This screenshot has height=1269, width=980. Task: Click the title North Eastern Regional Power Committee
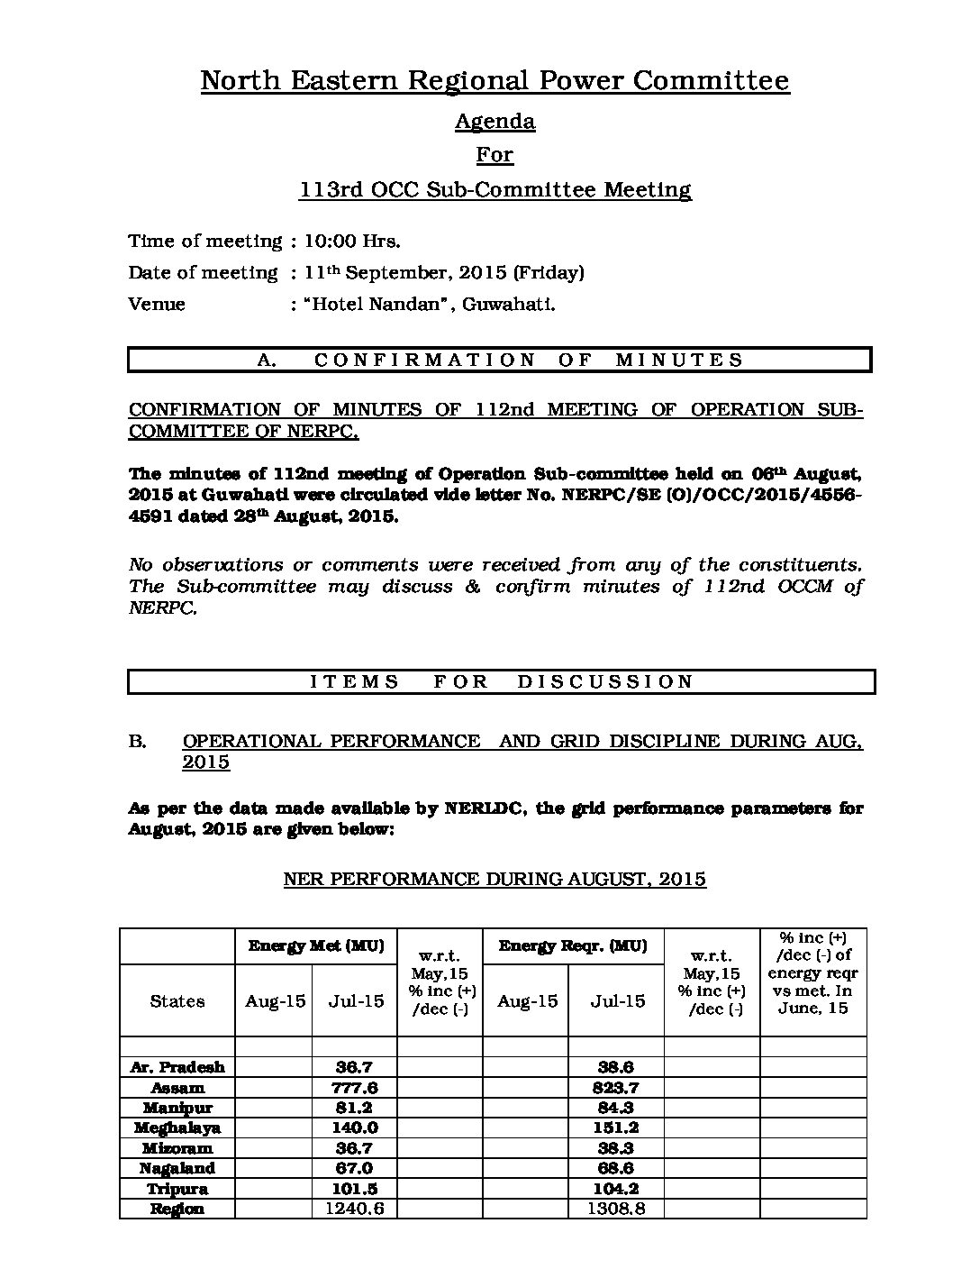tap(495, 81)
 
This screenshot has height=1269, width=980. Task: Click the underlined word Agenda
tap(495, 121)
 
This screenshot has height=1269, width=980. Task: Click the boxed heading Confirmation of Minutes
tap(500, 360)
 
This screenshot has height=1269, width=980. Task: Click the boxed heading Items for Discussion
tap(502, 681)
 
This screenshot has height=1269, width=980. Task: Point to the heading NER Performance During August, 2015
tap(495, 879)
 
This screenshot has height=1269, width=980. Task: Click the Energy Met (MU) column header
tap(316, 946)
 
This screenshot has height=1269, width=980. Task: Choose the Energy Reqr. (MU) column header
tap(572, 946)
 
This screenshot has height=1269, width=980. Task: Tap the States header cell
tap(177, 1001)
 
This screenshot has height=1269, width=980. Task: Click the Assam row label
tap(177, 1087)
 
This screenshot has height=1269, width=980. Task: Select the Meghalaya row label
tap(177, 1127)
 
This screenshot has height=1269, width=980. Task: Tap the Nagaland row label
tap(177, 1168)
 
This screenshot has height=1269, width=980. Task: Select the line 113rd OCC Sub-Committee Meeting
tap(495, 190)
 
